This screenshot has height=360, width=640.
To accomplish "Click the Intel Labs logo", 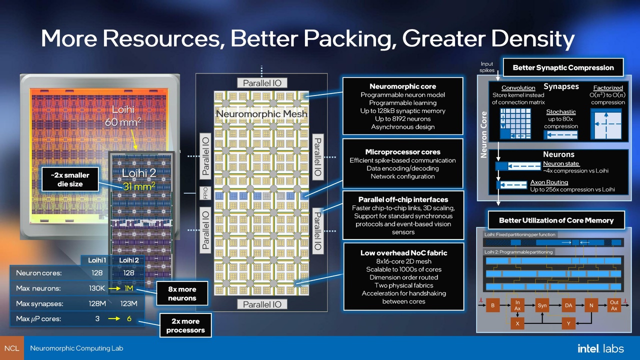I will [600, 348].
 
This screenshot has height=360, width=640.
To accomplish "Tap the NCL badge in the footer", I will [11, 348].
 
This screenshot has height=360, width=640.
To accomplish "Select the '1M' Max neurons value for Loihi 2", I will [128, 288].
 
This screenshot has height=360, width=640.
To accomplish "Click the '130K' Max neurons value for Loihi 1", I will [96, 288].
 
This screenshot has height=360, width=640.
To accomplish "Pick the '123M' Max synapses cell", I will [128, 303].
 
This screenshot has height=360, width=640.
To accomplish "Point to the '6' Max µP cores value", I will [128, 318].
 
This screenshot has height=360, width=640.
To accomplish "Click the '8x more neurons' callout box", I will [182, 293].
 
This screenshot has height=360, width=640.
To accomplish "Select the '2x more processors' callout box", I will [185, 325].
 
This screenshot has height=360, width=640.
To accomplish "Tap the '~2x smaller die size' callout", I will [69, 179].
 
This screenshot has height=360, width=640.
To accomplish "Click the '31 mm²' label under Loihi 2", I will [139, 186].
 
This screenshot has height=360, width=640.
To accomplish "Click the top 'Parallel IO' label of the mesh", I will [261, 83].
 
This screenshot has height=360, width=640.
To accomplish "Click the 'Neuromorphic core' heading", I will [402, 86].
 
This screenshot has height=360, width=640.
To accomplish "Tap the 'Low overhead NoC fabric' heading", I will [403, 253].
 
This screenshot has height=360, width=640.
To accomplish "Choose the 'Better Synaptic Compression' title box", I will [563, 67].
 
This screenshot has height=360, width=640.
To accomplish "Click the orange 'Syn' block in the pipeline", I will [542, 305].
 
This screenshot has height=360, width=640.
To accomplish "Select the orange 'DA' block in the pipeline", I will [568, 305].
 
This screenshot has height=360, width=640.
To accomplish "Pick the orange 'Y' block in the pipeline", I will [568, 323].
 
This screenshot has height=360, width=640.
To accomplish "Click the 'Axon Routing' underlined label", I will [549, 182].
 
